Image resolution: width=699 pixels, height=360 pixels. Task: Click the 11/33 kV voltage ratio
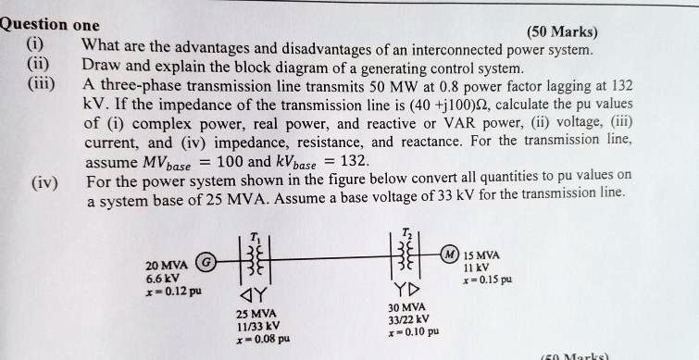tap(258, 326)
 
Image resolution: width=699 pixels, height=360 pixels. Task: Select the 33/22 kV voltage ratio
tap(408, 319)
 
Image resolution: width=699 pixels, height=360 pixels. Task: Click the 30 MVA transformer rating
tap(407, 307)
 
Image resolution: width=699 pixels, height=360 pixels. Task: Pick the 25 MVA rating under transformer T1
tap(258, 313)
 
